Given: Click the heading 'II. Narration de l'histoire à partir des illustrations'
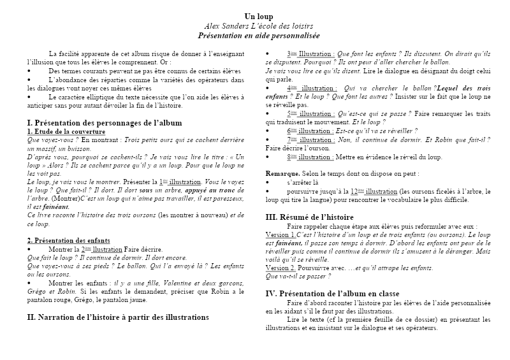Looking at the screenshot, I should (x=119, y=316).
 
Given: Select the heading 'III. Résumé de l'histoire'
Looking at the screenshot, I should (x=309, y=217).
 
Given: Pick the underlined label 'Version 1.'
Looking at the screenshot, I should (x=280, y=234).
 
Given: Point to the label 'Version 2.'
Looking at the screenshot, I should (x=280, y=268).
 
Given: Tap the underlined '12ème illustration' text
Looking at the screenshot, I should (x=373, y=191).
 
